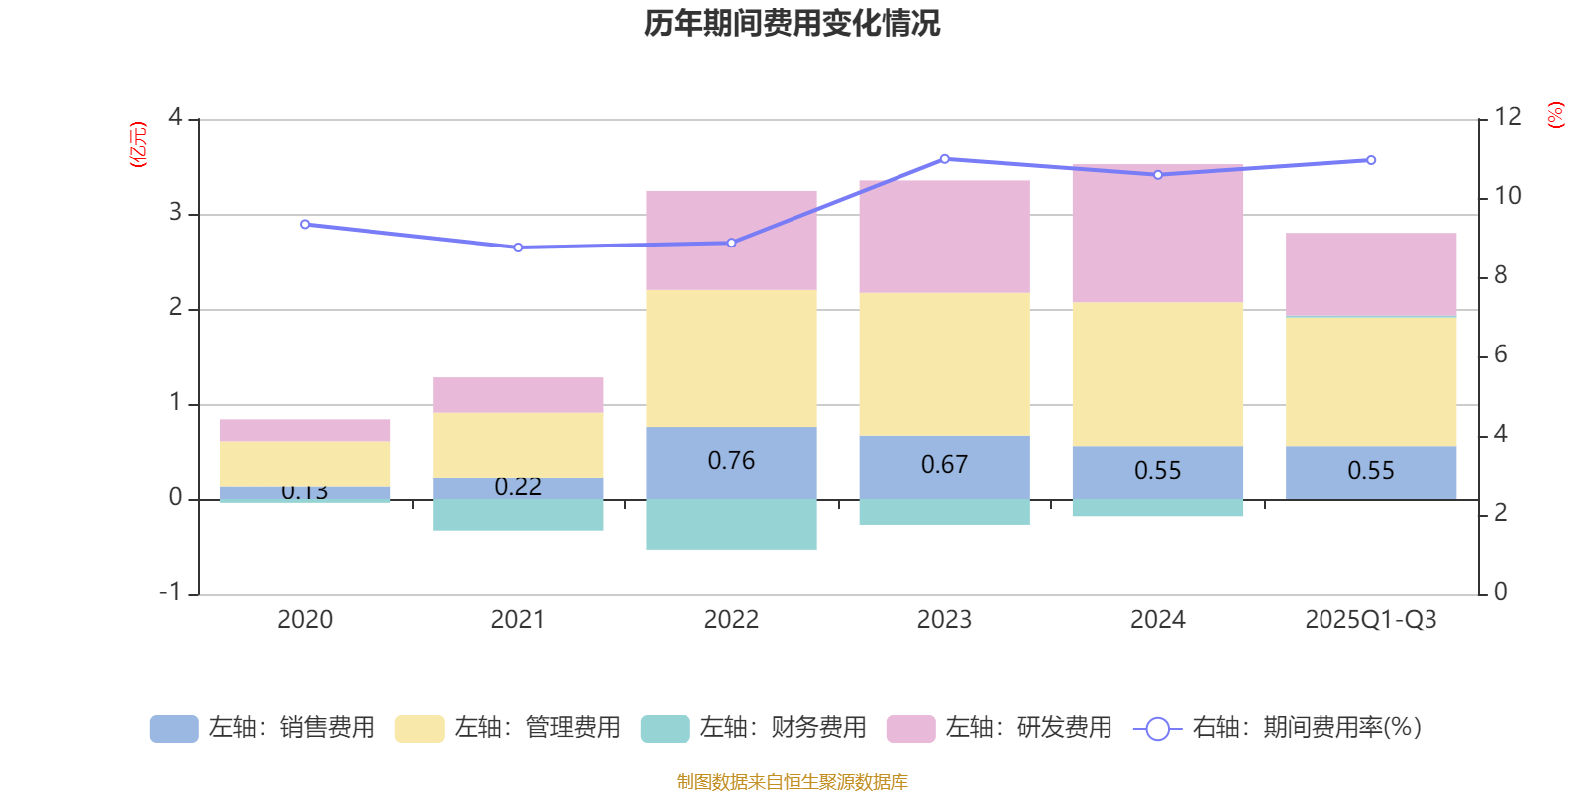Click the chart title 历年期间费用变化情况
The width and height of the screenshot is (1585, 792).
[792, 23]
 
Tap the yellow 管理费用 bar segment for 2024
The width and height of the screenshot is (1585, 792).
[1157, 374]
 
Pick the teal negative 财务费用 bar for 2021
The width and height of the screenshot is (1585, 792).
[518, 514]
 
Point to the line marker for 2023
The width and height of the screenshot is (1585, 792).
[944, 159]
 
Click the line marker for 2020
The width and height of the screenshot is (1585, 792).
[305, 225]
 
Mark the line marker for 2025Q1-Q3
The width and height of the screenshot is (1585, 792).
[1371, 160]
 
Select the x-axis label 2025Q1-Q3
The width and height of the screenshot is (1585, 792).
[1370, 620]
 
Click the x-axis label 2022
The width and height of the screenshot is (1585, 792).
[731, 620]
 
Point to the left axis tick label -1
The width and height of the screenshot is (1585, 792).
[171, 592]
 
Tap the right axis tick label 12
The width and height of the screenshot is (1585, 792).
[1508, 117]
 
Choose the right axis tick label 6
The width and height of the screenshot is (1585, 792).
[1500, 354]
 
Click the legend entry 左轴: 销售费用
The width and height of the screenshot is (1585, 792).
[263, 728]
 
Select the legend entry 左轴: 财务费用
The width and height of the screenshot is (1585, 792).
[754, 728]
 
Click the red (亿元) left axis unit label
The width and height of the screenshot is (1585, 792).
[139, 145]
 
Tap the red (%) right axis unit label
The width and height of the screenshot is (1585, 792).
[1556, 115]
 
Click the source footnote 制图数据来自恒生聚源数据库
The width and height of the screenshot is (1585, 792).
[792, 782]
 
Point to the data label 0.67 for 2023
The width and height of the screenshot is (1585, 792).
[944, 465]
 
